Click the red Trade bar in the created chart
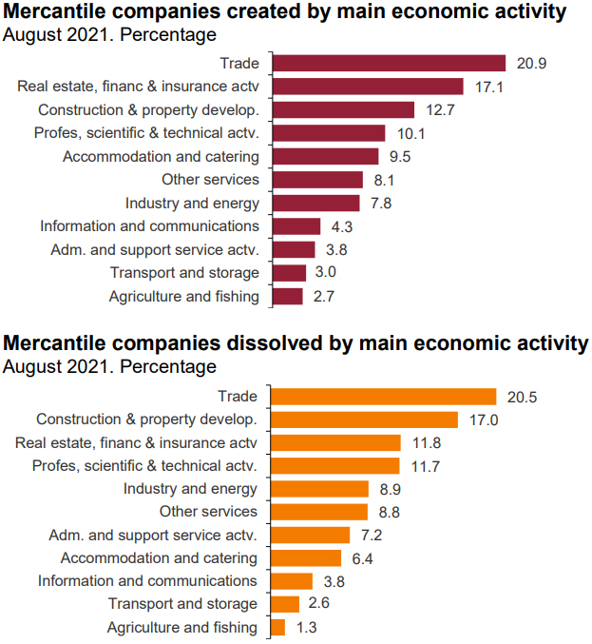pyautogui.click(x=389, y=64)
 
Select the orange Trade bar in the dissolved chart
pyautogui.click(x=384, y=397)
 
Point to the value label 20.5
pyautogui.click(x=521, y=397)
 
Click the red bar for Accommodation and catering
pyautogui.click(x=325, y=156)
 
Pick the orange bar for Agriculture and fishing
pyautogui.click(x=278, y=627)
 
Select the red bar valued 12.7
pyautogui.click(x=343, y=109)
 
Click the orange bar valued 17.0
pyautogui.click(x=365, y=420)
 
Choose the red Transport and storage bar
pyautogui.click(x=289, y=273)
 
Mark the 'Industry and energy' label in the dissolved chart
pyautogui.click(x=190, y=489)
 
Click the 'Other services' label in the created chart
pyautogui.click(x=210, y=180)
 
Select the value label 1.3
pyautogui.click(x=305, y=628)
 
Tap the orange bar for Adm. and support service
pyautogui.click(x=311, y=535)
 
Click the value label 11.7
pyautogui.click(x=424, y=466)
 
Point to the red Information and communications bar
pyautogui.click(x=296, y=226)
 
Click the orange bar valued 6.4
pyautogui.click(x=306, y=558)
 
